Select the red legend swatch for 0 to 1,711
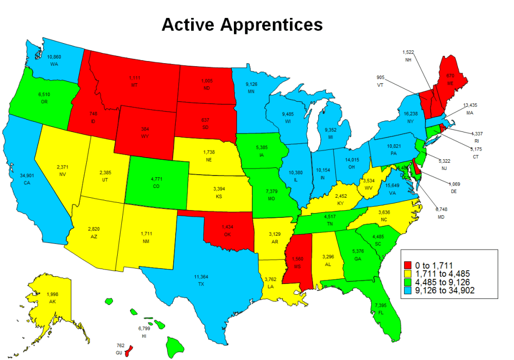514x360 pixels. coord(409,264)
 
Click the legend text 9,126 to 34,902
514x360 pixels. coord(445,291)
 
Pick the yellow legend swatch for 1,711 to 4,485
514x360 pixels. coord(409,273)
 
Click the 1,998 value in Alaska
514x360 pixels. coord(53,294)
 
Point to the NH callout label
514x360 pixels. coord(408,60)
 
